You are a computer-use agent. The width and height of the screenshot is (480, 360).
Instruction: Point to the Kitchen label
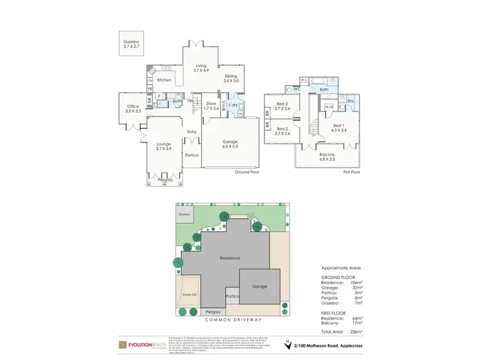tap(164, 80)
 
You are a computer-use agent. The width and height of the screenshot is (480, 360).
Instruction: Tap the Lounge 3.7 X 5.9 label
tap(164, 146)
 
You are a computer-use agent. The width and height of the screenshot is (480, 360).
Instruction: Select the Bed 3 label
tap(282, 106)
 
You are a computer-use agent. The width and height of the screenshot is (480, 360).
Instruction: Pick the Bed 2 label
tap(282, 130)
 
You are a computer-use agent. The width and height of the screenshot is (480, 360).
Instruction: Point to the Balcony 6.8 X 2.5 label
tap(326, 157)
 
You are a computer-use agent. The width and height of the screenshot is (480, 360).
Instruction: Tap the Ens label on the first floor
tap(351, 101)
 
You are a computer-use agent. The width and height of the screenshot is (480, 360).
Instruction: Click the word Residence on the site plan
tap(229, 258)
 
